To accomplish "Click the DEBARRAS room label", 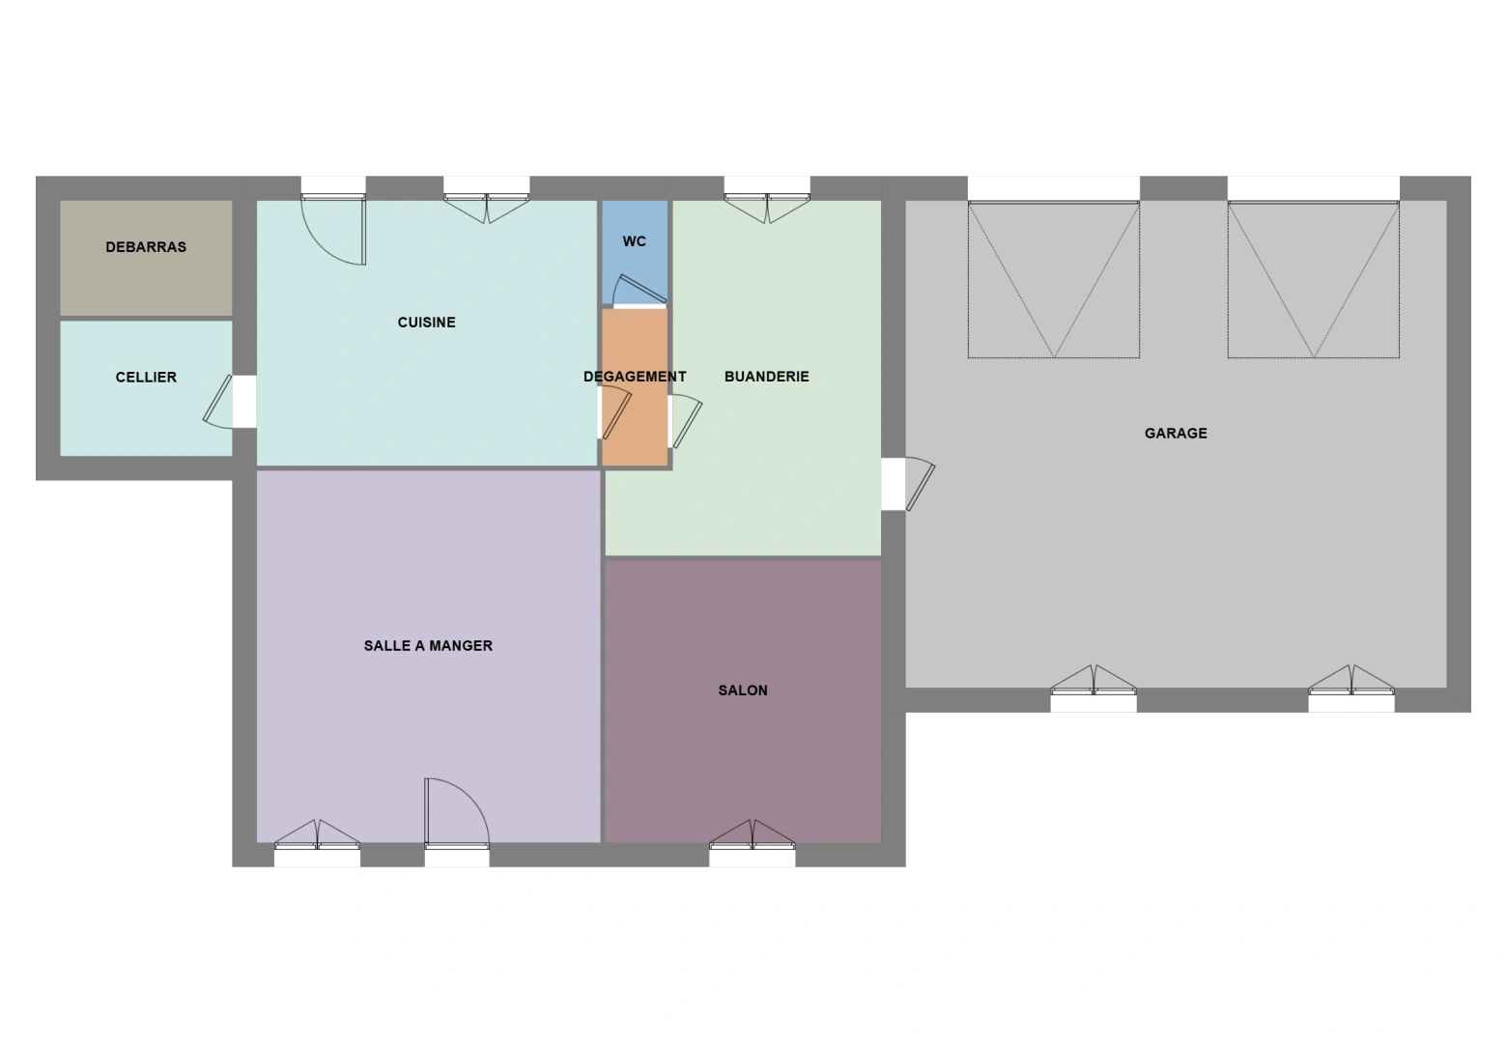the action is [x=146, y=247].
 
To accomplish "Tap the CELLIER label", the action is [x=146, y=378].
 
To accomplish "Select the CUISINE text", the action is [x=427, y=323].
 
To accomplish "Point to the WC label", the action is [x=635, y=241].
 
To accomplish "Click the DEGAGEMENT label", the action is [x=635, y=377].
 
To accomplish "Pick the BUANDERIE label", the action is [x=766, y=377].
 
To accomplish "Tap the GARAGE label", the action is [x=1176, y=433].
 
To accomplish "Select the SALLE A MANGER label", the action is [x=428, y=645].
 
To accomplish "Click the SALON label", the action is [x=743, y=690].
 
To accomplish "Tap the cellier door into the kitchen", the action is [x=219, y=402].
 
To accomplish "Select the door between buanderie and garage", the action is [x=919, y=483].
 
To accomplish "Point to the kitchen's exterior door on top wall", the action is [x=333, y=229].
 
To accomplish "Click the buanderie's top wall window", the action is [x=767, y=208].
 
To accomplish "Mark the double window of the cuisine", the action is [x=487, y=208].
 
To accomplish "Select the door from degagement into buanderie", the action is [x=686, y=421].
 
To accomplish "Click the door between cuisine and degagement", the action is [x=615, y=413].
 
